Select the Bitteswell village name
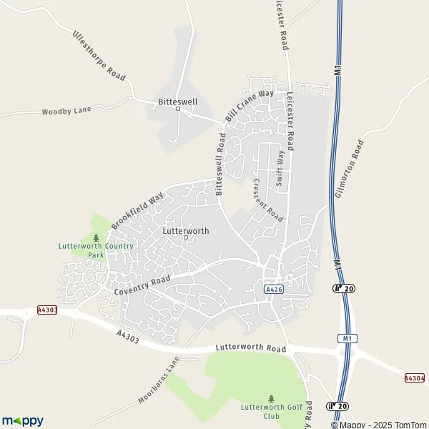(178, 102)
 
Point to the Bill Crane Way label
(250, 105)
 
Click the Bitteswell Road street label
(220, 164)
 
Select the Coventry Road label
(142, 285)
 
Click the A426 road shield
(272, 289)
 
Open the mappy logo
(22, 420)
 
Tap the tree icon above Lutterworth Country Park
(96, 237)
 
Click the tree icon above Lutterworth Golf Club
(270, 398)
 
